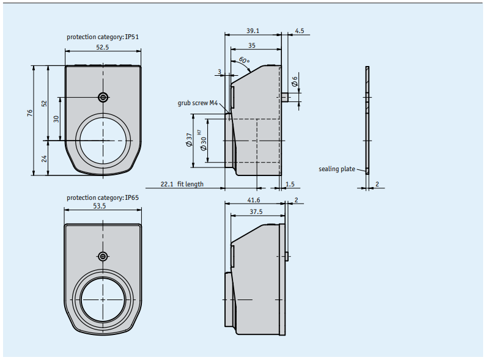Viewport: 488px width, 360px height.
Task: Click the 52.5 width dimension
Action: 102,47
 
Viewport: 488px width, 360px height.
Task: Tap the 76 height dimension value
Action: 30,112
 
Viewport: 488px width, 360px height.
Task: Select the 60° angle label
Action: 244,61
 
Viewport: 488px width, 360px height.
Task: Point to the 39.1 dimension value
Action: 253,31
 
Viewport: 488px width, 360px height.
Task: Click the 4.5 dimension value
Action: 300,31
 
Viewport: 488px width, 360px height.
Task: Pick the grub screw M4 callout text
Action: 198,103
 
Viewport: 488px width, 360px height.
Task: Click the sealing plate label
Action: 337,169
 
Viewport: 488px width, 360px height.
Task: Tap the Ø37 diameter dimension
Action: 189,140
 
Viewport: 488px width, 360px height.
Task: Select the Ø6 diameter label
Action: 294,81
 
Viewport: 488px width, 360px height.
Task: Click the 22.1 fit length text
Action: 182,184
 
